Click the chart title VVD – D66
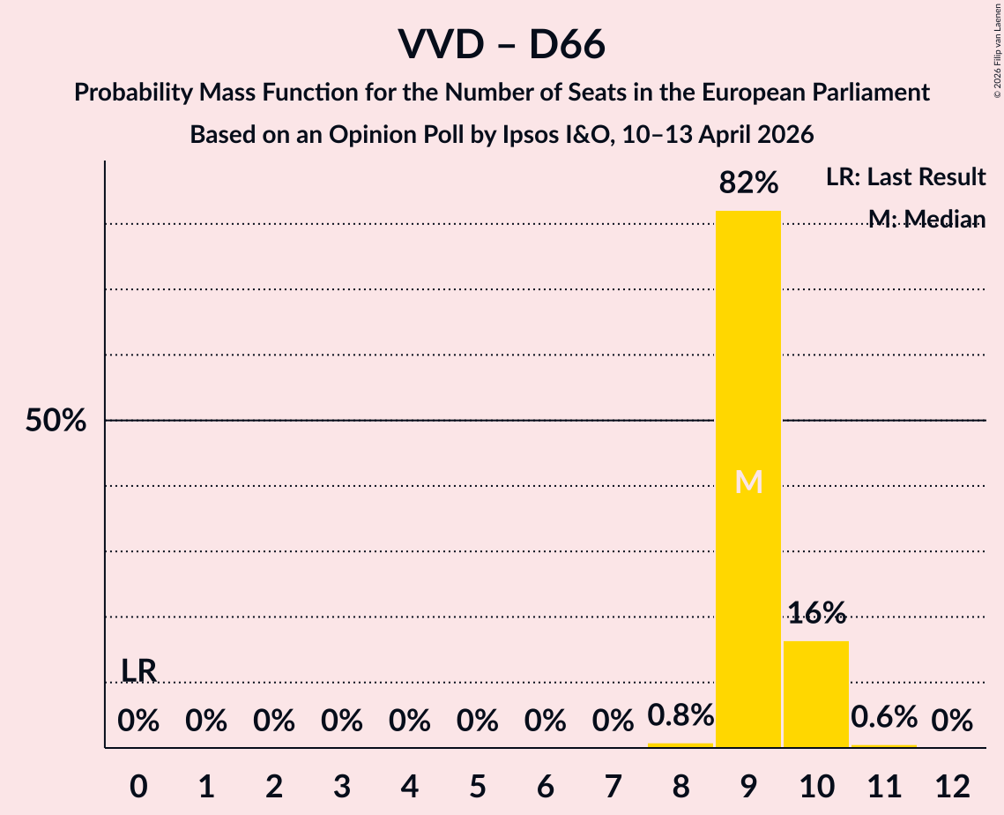coord(502,44)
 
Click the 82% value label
coord(748,183)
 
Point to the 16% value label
coord(816,612)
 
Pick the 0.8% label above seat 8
coord(680,715)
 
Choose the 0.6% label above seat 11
coord(884,717)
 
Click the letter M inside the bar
coord(748,482)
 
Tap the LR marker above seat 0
coord(138,670)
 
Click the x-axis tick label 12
coord(952,786)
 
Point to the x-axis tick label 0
coord(138,786)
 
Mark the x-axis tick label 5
coord(478,786)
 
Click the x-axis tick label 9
coord(748,786)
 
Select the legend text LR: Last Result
coord(905,177)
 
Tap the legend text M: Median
coord(926,219)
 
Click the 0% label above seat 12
coord(952,722)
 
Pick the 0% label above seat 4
coord(410,722)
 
